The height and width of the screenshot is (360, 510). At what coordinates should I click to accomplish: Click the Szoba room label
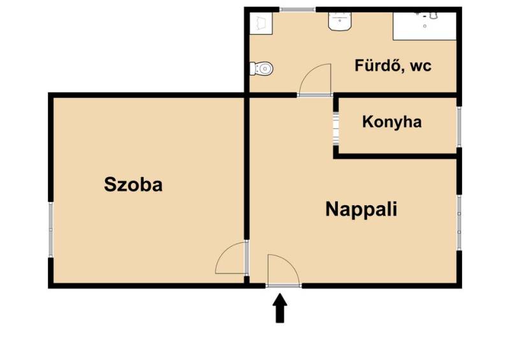click(133, 184)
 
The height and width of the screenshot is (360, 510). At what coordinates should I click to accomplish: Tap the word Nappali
click(361, 210)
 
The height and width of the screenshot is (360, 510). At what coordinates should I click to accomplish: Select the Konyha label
click(392, 122)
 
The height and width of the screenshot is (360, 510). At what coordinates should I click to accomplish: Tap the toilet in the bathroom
click(261, 69)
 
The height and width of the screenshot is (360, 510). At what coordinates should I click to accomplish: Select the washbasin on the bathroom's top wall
click(340, 21)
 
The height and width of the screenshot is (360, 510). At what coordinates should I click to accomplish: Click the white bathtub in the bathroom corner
click(425, 26)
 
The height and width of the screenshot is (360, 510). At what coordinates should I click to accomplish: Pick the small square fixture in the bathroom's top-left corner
click(261, 23)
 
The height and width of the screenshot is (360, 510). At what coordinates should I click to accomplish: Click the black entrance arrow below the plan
click(280, 308)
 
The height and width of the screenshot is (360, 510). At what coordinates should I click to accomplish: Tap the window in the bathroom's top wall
click(297, 10)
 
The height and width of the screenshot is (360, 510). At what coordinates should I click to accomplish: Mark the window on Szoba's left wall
click(51, 229)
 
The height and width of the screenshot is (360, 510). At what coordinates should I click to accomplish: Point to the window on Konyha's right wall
click(459, 127)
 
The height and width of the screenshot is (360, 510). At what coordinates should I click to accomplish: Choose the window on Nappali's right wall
click(459, 222)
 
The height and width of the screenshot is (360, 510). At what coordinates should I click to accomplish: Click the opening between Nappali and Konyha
click(336, 128)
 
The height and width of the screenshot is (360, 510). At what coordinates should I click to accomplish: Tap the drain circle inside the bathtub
click(425, 26)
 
